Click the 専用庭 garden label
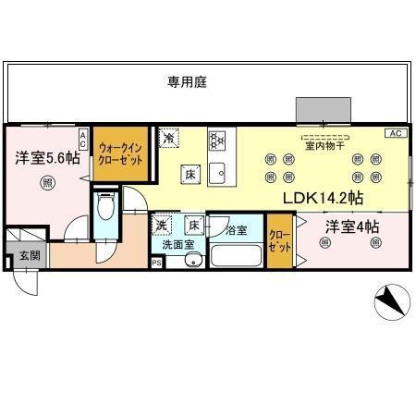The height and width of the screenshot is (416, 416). pyautogui.click(x=188, y=82)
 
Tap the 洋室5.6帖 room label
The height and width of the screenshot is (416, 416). pyautogui.click(x=40, y=159)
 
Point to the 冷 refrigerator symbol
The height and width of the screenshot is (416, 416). pyautogui.click(x=169, y=138)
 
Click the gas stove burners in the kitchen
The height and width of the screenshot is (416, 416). pyautogui.click(x=218, y=141)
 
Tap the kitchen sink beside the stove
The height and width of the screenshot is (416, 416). pyautogui.click(x=218, y=172)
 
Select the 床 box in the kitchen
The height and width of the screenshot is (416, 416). pyautogui.click(x=187, y=174)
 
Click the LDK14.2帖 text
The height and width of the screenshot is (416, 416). pyautogui.click(x=324, y=198)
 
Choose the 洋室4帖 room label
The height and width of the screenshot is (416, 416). pyautogui.click(x=350, y=226)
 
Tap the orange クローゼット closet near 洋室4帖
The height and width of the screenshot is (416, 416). pyautogui.click(x=278, y=242)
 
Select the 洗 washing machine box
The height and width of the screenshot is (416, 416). pyautogui.click(x=162, y=225)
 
